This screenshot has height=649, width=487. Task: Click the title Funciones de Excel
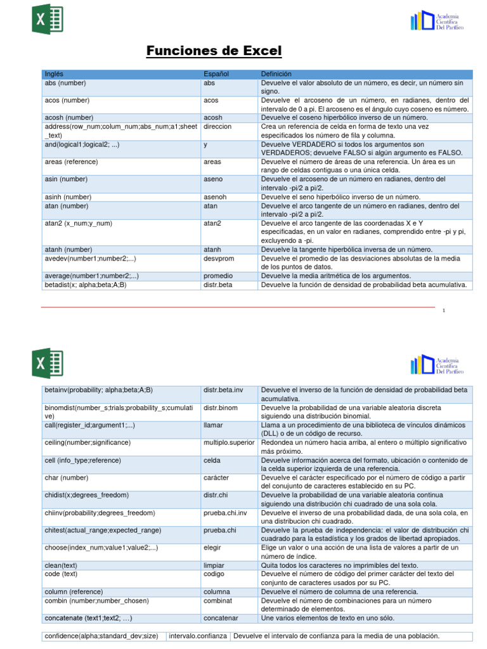214,51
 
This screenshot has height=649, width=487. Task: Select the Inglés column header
55,74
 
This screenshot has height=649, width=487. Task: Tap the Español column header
216,74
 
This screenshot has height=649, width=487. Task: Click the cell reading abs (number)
65,83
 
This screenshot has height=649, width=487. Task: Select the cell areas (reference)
71,162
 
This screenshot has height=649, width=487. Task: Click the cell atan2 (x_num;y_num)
79,223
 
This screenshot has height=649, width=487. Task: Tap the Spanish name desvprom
219,259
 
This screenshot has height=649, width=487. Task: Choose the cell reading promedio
218,276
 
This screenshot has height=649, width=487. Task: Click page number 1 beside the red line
444,311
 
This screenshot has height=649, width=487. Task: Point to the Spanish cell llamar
214,425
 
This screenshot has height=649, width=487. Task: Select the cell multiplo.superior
229,442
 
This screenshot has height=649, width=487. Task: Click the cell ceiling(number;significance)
88,442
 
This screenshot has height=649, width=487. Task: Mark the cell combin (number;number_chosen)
96,600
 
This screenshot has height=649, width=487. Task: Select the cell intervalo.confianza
198,636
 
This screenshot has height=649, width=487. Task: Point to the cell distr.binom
221,408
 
